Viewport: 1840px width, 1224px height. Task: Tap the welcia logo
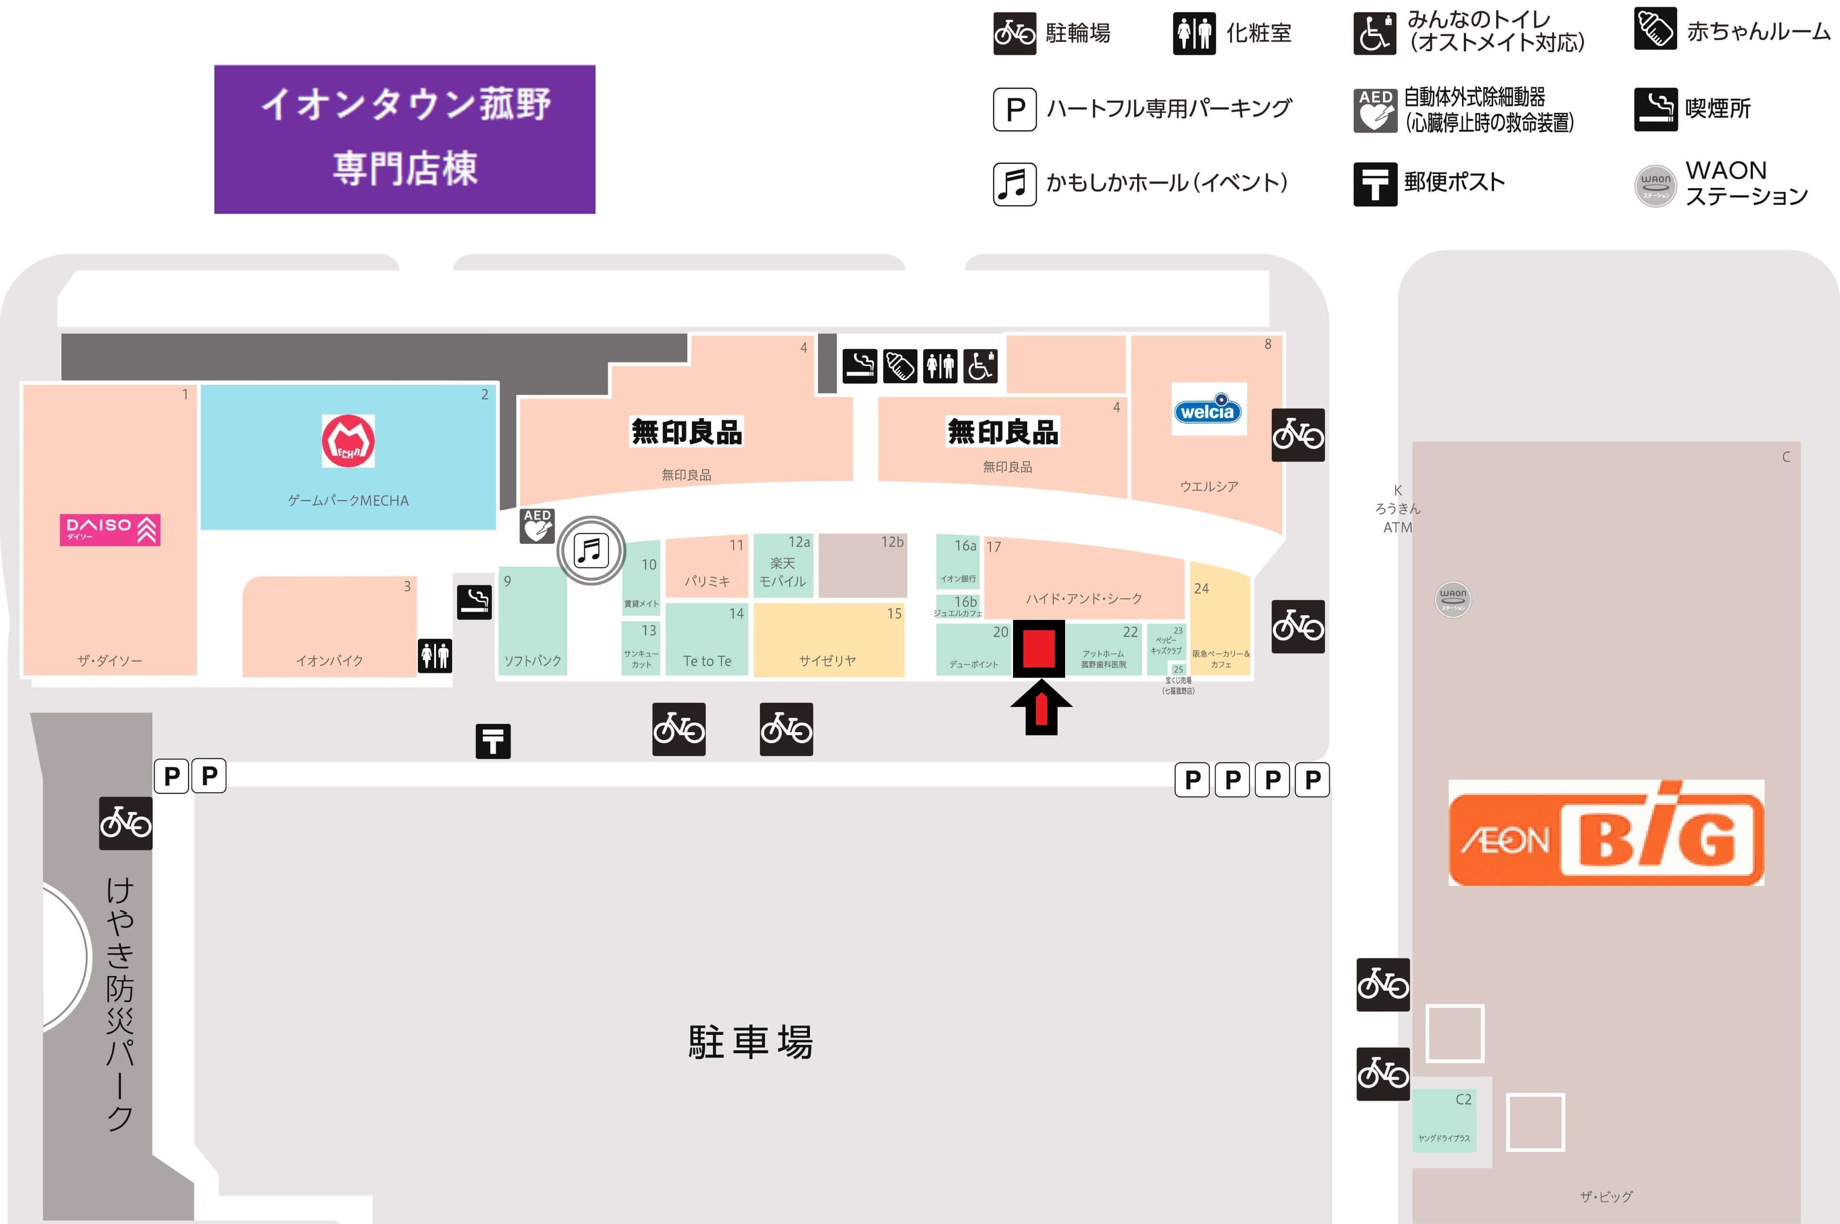[x=1207, y=409]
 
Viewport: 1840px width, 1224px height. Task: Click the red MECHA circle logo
[x=348, y=441]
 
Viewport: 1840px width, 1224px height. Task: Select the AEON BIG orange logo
[x=1606, y=833]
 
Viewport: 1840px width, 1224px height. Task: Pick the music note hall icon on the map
[x=591, y=550]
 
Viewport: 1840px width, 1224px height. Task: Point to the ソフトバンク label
[x=533, y=660]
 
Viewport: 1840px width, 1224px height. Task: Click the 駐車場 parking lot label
[x=750, y=1042]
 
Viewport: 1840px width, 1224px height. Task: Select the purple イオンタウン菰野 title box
[x=404, y=139]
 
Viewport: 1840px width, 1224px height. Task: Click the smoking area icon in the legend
[x=1655, y=109]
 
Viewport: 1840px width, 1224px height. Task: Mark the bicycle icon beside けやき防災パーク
[x=126, y=823]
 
